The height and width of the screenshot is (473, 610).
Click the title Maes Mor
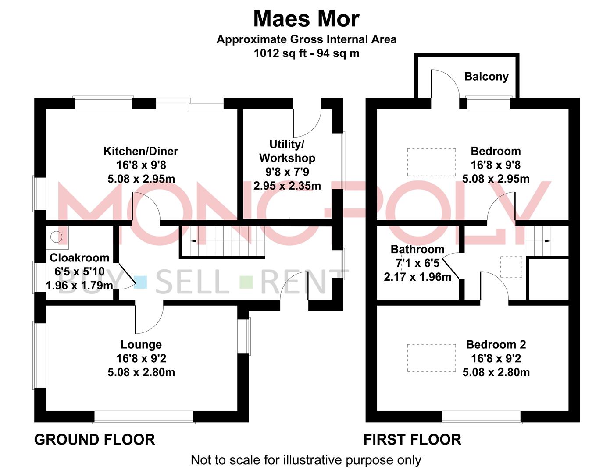pyautogui.click(x=306, y=19)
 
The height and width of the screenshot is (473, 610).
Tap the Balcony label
pyautogui.click(x=486, y=77)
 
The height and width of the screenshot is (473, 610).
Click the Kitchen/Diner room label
pyautogui.click(x=141, y=152)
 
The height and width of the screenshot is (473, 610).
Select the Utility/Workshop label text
pyautogui.click(x=287, y=151)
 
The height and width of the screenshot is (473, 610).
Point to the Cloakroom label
pyautogui.click(x=79, y=258)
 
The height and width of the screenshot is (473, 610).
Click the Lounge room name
pyautogui.click(x=141, y=345)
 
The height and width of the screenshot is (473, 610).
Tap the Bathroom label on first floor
pyautogui.click(x=417, y=249)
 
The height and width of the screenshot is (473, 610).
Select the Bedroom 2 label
pyautogui.click(x=496, y=345)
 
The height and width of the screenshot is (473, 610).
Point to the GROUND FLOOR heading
pyautogui.click(x=95, y=439)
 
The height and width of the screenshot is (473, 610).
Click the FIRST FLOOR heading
pyautogui.click(x=412, y=439)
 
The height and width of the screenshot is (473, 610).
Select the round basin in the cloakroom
pyautogui.click(x=56, y=237)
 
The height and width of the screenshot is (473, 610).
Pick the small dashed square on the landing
pyautogui.click(x=511, y=267)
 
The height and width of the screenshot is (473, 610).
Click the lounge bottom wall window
pyautogui.click(x=144, y=417)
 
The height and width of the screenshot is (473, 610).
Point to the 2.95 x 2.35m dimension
pyautogui.click(x=287, y=186)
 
